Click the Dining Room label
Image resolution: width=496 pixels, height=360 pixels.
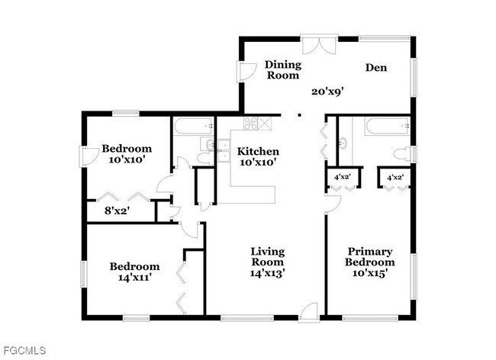tap(283, 69)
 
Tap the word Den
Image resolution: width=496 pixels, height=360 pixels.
tap(375, 68)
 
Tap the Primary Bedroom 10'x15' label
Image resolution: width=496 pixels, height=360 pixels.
tap(369, 262)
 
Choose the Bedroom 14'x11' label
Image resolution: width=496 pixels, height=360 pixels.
tap(135, 272)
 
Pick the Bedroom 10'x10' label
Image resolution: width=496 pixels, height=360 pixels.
tap(127, 154)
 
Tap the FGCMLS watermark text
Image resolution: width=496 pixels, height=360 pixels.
tap(24, 351)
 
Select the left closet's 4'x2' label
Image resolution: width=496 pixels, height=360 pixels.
tap(341, 177)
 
